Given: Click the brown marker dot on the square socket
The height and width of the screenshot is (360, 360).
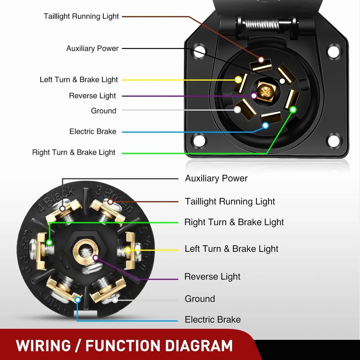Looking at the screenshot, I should (x=261, y=60).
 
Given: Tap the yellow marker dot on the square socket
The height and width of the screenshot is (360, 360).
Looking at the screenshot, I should (x=238, y=79).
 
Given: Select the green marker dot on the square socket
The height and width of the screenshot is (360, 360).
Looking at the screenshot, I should (x=293, y=110).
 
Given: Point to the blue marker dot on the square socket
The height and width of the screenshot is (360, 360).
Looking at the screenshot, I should (x=265, y=125).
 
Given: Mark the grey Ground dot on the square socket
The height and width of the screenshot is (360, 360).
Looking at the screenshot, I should (x=237, y=110).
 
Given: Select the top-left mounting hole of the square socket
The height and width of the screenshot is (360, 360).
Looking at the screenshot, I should (x=199, y=52).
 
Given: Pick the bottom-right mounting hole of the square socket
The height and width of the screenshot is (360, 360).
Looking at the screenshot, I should (x=333, y=141).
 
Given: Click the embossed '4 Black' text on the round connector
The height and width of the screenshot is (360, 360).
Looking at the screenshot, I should (x=56, y=199).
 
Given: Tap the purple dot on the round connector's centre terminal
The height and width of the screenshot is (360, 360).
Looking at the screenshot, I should (x=95, y=258).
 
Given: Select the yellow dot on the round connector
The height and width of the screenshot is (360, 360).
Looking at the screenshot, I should (x=128, y=250).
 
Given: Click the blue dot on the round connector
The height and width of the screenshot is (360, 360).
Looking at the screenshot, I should (x=78, y=300).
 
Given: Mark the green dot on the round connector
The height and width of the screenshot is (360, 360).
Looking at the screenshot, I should (x=49, y=243).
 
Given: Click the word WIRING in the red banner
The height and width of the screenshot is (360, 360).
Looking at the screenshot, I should (x=44, y=346).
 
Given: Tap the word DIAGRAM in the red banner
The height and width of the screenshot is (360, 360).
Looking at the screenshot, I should (x=199, y=346).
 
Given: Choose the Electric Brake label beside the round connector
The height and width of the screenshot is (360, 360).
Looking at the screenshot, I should (x=213, y=320).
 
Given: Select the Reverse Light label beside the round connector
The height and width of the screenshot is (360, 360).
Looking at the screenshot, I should (x=212, y=276).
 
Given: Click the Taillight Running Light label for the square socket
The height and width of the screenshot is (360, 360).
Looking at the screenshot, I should (x=81, y=16).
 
